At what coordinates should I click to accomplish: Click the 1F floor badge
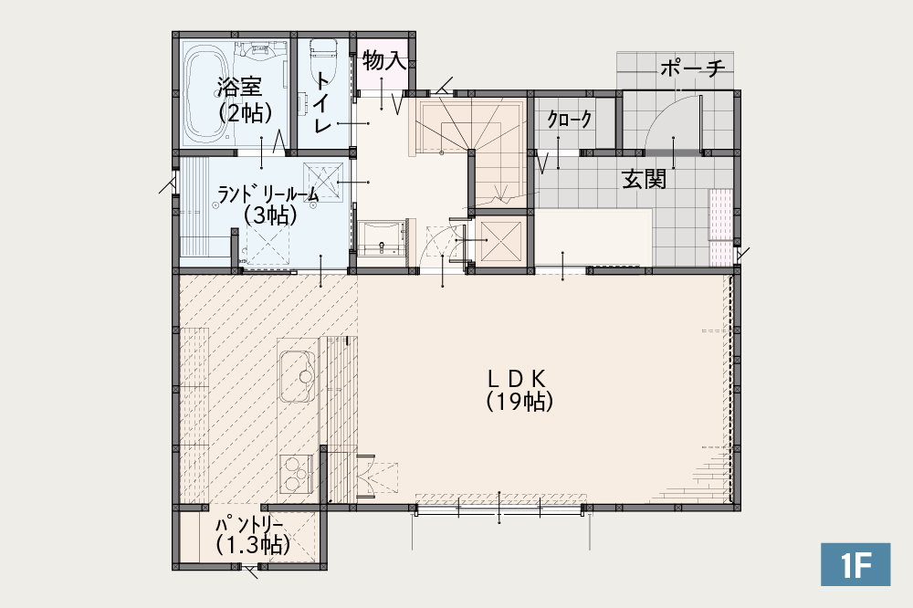[855, 564]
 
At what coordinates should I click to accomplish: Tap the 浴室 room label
[239, 87]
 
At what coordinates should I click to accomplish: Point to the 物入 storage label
[383, 60]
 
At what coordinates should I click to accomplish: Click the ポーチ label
[693, 68]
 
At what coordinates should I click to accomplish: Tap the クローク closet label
[570, 120]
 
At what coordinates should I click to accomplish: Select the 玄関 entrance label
[644, 179]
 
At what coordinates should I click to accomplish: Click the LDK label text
[517, 379]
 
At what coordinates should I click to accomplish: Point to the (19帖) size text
[519, 402]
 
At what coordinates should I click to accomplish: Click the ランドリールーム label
[268, 194]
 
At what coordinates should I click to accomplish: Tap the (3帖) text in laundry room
[270, 215]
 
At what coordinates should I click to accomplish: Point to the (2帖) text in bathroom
[245, 111]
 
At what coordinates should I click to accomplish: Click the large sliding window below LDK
[499, 508]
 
